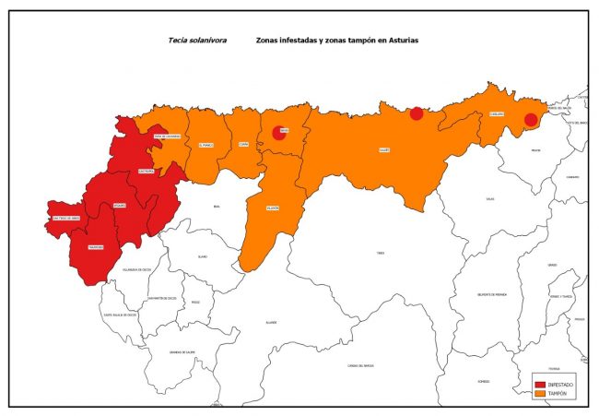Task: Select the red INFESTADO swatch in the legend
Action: [x=539, y=383]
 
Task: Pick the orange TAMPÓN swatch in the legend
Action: [x=539, y=394]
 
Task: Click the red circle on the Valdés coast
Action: [x=417, y=113]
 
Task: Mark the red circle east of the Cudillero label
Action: [x=531, y=120]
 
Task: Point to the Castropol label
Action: [x=145, y=172]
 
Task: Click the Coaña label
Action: [x=243, y=144]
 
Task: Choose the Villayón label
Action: [x=273, y=208]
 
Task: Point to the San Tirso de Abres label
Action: [x=69, y=219]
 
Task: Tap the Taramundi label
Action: [x=96, y=247]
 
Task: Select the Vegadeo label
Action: [x=120, y=205]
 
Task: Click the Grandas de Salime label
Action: [x=182, y=351]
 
